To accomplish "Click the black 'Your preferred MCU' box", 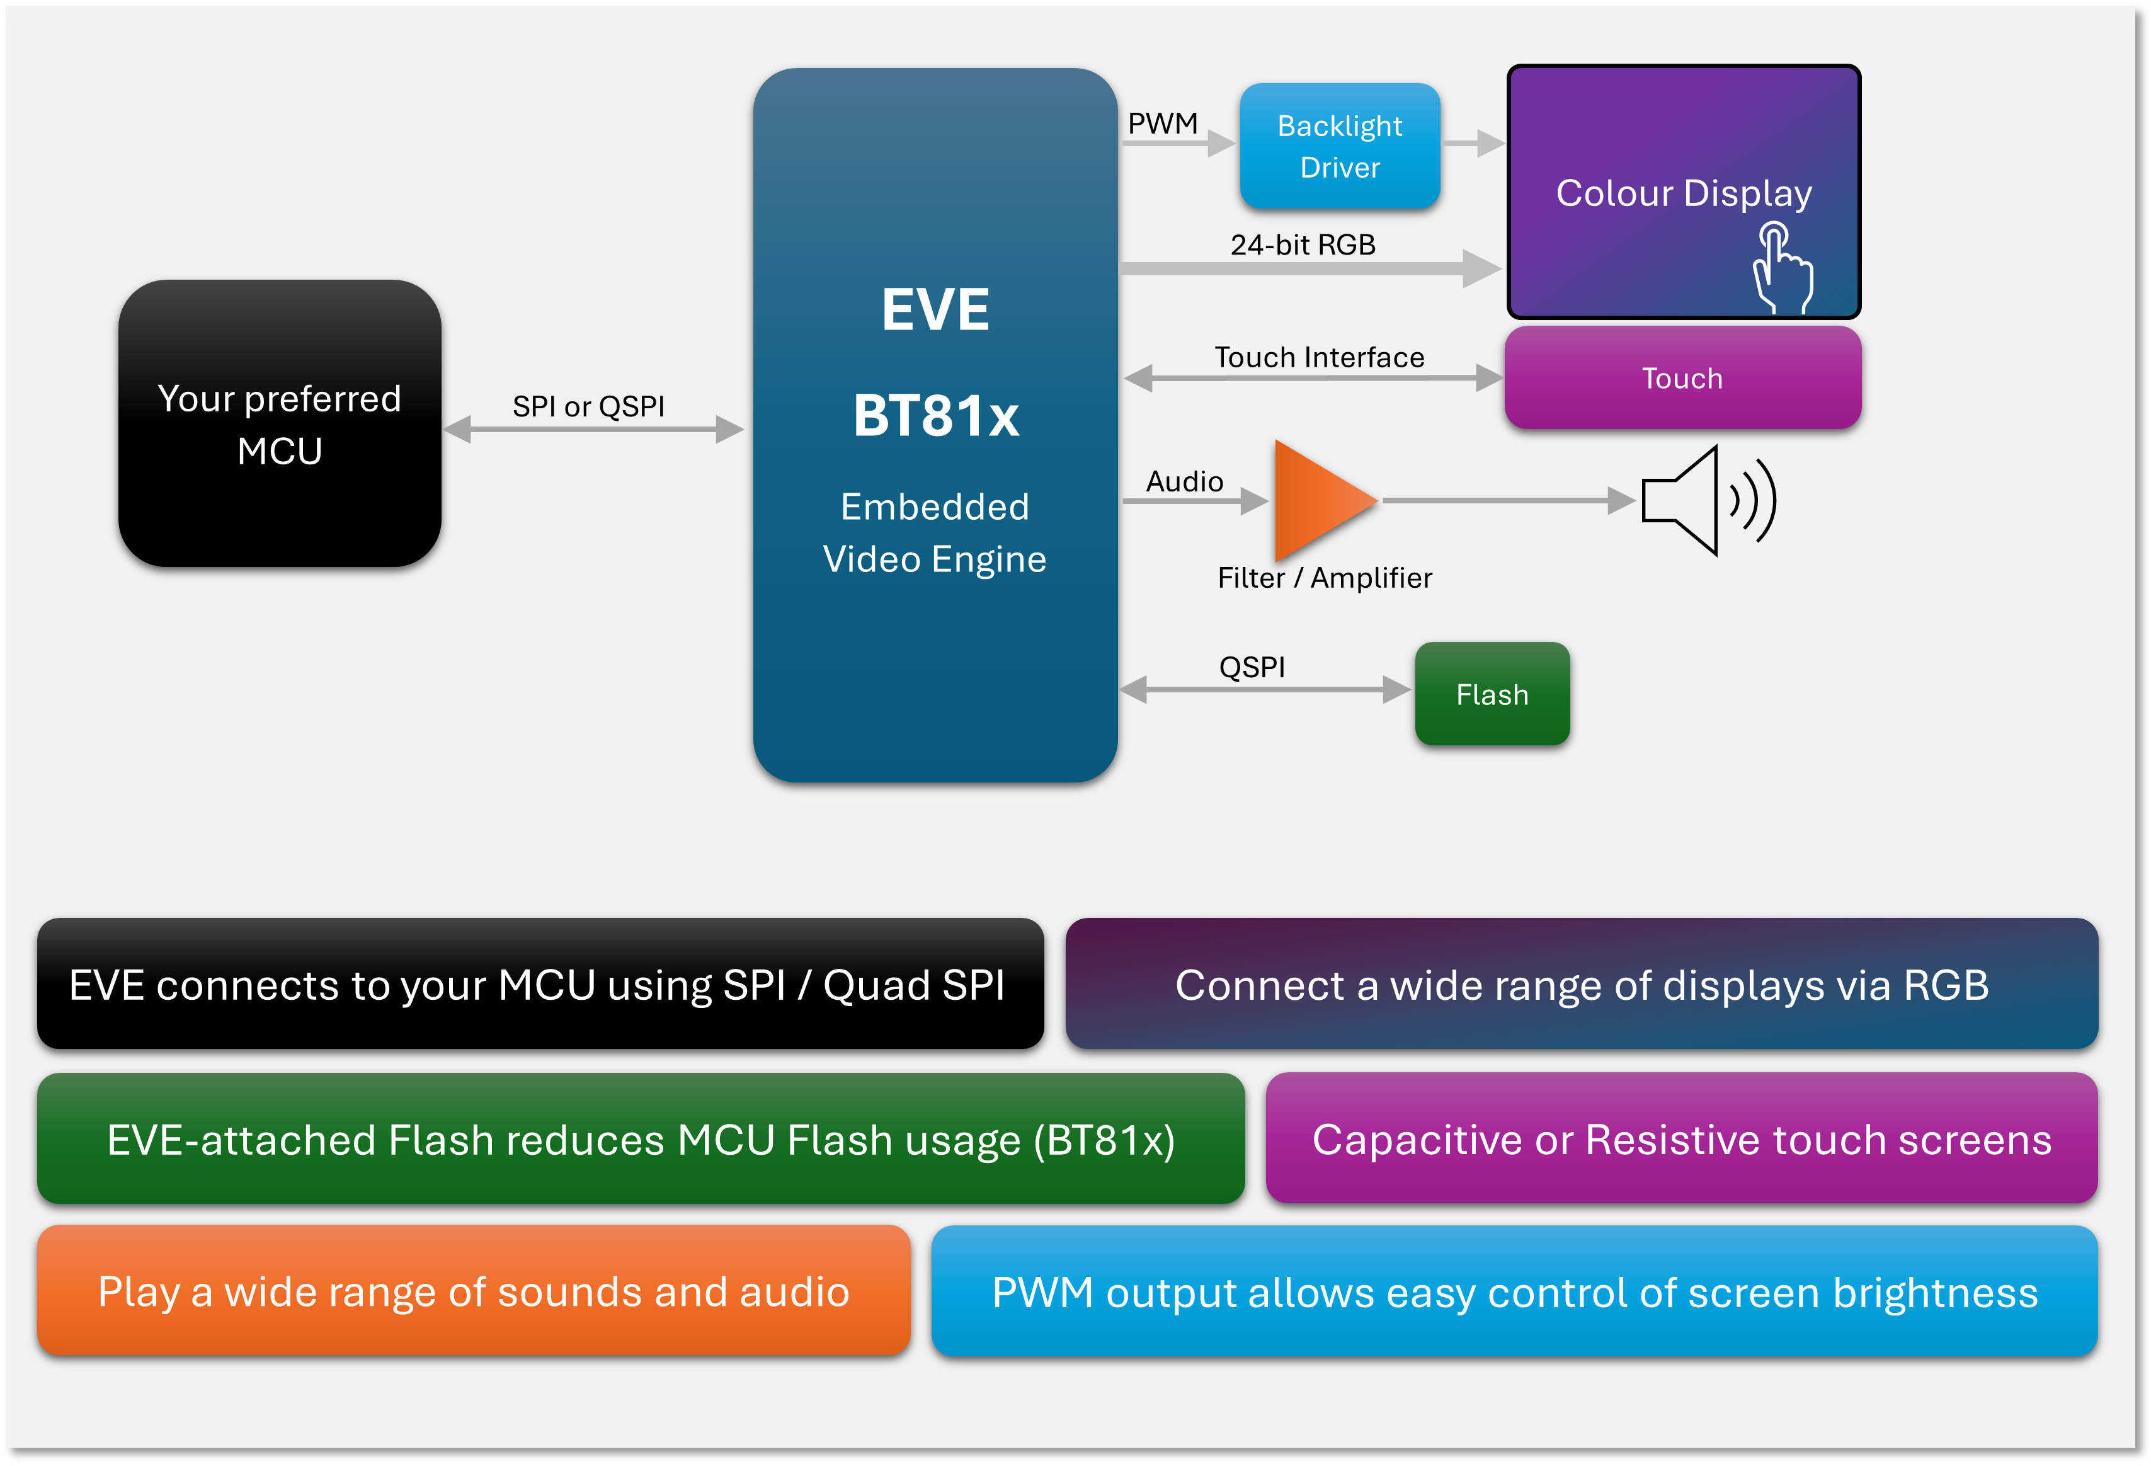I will (280, 424).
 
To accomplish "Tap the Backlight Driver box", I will (1339, 146).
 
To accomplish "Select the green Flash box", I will (1492, 694).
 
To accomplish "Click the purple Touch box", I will (1682, 377).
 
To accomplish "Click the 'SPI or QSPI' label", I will (589, 406).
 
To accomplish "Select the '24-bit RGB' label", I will (1303, 244).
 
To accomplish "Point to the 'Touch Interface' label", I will (1319, 357).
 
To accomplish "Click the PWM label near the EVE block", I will (1163, 123).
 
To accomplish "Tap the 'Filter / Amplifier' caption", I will (1325, 578).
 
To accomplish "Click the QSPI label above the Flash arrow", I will (1252, 667).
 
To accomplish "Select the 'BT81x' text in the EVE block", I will (936, 416).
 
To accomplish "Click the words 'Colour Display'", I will (1682, 193).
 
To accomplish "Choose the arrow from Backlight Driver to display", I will (1473, 144).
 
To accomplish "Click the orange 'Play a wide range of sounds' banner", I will (473, 1291).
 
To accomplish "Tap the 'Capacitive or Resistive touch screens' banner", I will (1681, 1139).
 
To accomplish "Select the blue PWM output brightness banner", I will (1514, 1292).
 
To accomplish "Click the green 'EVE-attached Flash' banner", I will (641, 1139).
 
